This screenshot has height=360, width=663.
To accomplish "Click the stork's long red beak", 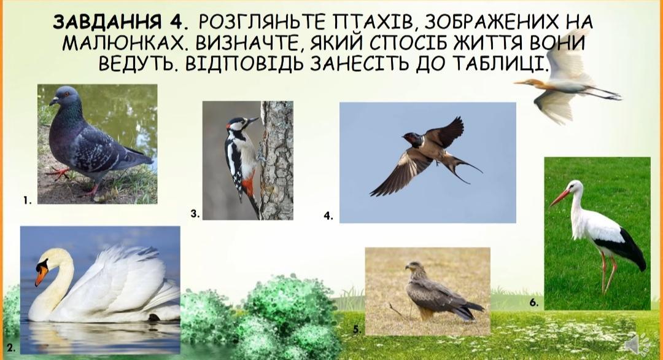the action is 560,198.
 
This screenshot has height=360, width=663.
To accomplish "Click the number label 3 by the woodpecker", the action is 195,214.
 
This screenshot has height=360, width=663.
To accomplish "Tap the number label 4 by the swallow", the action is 328,216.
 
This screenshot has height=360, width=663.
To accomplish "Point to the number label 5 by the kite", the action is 357,329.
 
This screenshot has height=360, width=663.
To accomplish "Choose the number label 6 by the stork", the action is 533,302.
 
